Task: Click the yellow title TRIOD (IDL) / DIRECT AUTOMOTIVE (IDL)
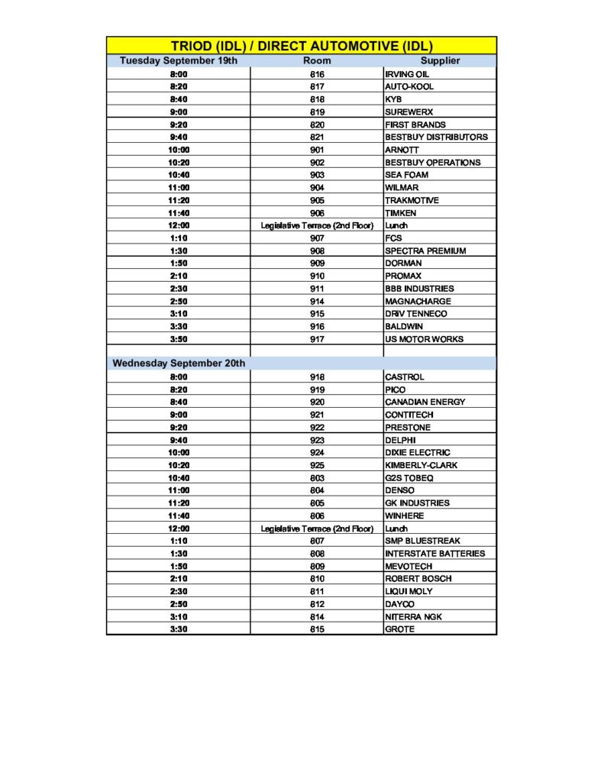tap(302, 46)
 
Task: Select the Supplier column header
tap(440, 60)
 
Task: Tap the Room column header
tap(317, 60)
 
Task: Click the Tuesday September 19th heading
tap(179, 60)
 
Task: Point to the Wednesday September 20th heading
tap(179, 364)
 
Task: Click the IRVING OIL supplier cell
tap(408, 74)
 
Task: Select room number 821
tap(317, 137)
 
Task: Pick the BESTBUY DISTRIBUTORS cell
tap(436, 137)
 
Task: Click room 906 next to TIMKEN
tap(317, 213)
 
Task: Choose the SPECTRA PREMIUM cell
tap(425, 250)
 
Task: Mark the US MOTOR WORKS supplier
tap(424, 339)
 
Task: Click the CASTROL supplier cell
tap(405, 377)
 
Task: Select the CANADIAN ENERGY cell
tap(425, 402)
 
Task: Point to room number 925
tap(317, 465)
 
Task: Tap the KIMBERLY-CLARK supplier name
tap(422, 465)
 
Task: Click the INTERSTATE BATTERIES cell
tap(434, 554)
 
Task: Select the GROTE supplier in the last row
tap(399, 629)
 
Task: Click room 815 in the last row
tap(317, 629)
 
